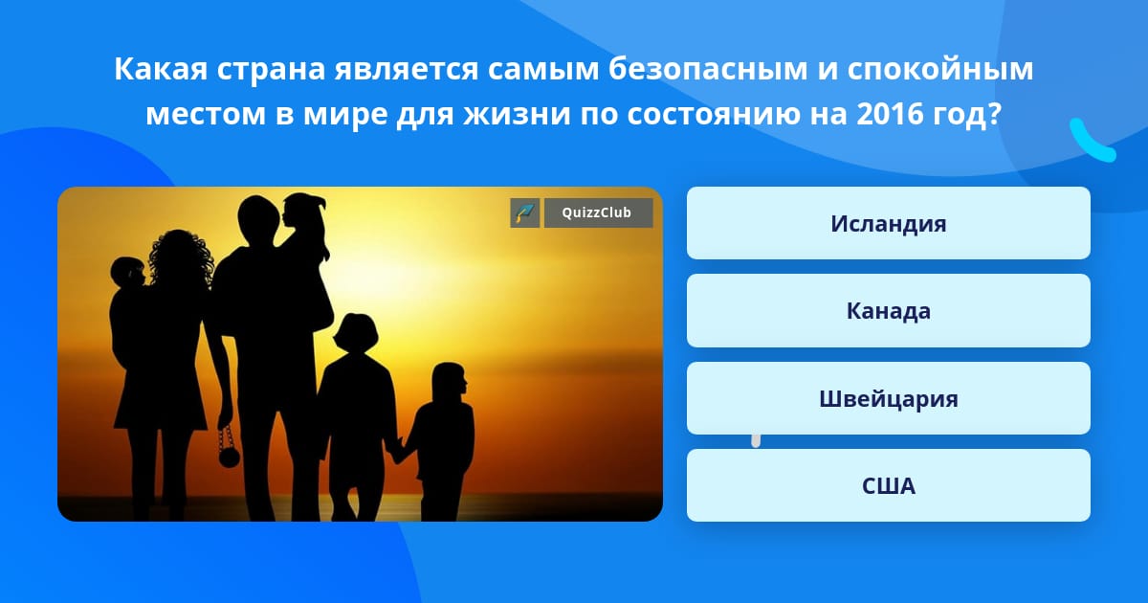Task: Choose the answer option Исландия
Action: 888,223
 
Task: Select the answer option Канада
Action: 888,311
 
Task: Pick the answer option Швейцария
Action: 888,398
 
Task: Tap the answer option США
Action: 888,485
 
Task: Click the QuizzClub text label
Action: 597,212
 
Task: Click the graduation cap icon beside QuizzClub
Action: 525,212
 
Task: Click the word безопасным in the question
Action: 708,69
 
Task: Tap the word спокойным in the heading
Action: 939,69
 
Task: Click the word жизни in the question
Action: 518,114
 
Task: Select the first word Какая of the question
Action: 161,69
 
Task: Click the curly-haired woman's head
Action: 181,257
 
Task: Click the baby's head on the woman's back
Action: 127,272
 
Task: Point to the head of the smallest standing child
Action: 449,380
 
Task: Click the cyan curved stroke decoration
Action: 1092,142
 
